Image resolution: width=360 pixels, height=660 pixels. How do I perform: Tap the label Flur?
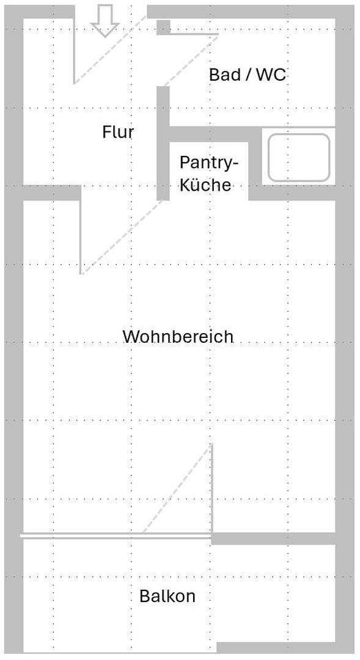118,132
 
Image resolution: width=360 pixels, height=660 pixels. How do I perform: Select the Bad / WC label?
247,75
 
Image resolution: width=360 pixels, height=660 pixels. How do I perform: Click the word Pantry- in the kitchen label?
208,163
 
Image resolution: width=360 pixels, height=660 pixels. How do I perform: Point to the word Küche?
205,185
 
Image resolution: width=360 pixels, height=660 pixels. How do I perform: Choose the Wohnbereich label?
178,337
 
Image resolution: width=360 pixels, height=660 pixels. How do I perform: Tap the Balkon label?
167,596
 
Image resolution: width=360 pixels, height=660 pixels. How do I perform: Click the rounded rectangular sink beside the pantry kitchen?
298,158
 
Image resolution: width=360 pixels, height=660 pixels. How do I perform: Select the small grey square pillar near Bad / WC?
163,28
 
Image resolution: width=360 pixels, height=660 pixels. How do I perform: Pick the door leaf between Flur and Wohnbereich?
81,235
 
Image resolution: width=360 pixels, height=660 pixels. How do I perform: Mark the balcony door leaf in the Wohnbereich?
211,489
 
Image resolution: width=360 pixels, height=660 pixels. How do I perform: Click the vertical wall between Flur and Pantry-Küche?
163,144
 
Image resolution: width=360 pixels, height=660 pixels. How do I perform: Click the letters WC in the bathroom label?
271,75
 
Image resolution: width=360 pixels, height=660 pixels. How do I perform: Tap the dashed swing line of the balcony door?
177,489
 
